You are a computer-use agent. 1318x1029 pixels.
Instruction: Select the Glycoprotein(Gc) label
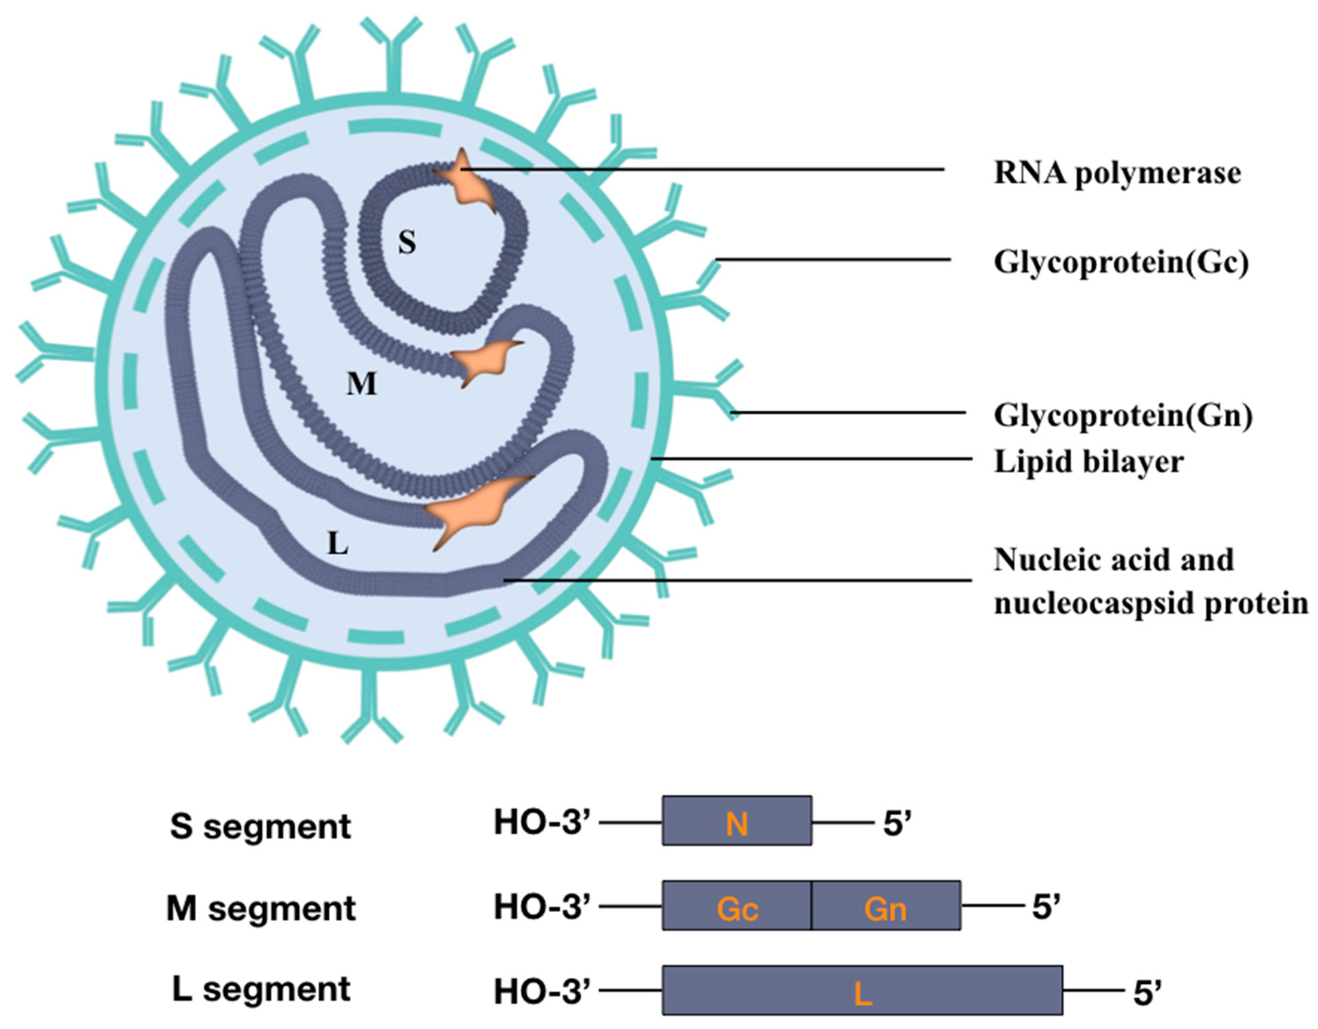click(1121, 263)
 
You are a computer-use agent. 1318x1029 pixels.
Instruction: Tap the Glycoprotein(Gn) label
click(1123, 416)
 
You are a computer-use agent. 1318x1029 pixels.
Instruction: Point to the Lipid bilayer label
click(1089, 462)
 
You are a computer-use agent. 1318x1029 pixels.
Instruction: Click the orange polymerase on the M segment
click(483, 363)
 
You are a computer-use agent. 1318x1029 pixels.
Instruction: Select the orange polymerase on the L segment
click(471, 510)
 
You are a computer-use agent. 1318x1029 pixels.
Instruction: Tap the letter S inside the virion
click(407, 243)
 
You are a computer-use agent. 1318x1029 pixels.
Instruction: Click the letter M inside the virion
click(361, 384)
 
